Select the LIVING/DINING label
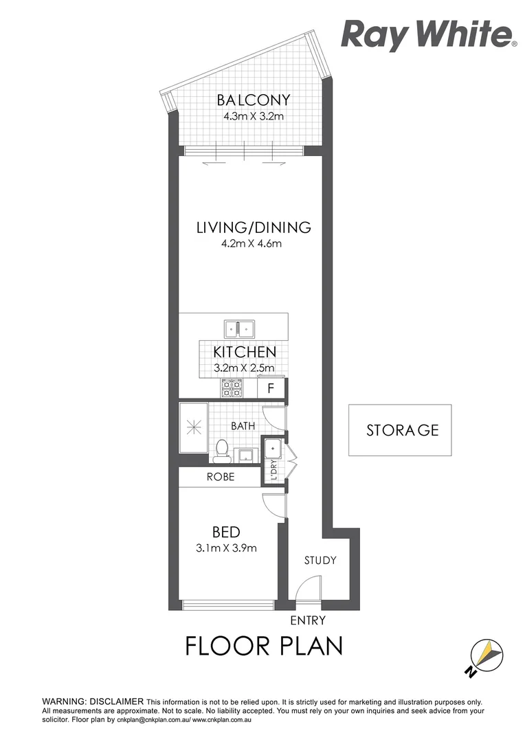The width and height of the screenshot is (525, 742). click(254, 227)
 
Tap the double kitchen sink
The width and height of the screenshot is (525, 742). click(239, 328)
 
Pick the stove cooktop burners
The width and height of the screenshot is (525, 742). click(232, 388)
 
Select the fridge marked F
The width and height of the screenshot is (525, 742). click(271, 388)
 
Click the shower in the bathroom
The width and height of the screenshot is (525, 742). click(193, 428)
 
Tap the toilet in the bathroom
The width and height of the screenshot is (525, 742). click(221, 449)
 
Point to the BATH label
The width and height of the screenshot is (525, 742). click(243, 426)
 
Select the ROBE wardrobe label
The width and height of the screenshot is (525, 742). click(221, 476)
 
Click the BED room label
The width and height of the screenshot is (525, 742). click(225, 532)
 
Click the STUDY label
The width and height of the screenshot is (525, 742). click(320, 560)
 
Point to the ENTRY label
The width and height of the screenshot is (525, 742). click(308, 620)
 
